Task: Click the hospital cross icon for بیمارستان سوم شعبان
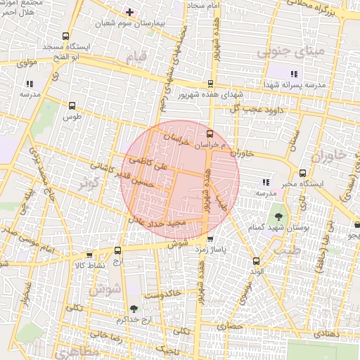pos(129,11)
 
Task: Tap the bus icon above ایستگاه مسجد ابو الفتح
pos(65,37)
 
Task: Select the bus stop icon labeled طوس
pos(72,105)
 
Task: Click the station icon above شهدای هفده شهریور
pos(210,84)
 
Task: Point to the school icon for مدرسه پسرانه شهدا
pos(294,74)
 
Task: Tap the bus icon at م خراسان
pos(210,133)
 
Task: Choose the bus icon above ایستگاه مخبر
pos(302,173)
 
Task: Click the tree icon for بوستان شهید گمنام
pos(278,217)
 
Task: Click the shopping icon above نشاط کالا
pos(89,255)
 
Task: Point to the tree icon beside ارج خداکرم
pos(134,309)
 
